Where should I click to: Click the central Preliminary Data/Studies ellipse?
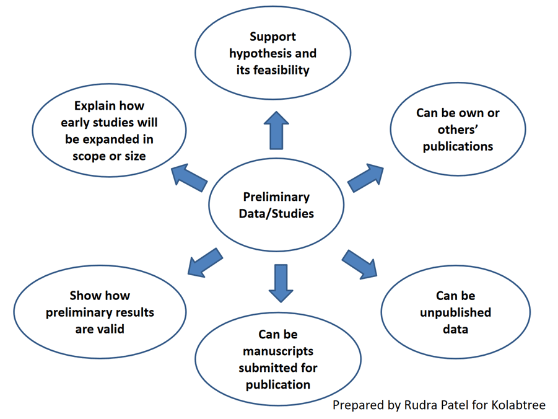coord(276,205)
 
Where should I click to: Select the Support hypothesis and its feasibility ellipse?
coord(273,53)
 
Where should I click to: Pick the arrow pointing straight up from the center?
coord(276,131)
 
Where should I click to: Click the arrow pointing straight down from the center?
coord(280,282)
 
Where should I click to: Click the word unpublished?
coord(455,312)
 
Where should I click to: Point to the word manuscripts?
coord(277,351)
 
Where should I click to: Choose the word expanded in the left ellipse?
coord(117,139)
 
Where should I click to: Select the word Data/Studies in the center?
coord(276,214)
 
